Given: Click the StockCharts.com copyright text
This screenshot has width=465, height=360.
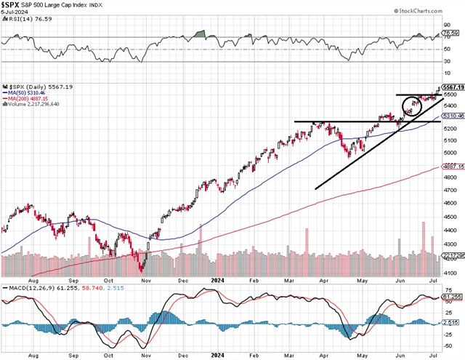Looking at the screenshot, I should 431,11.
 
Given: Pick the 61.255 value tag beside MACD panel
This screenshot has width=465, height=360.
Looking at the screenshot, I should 452,297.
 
